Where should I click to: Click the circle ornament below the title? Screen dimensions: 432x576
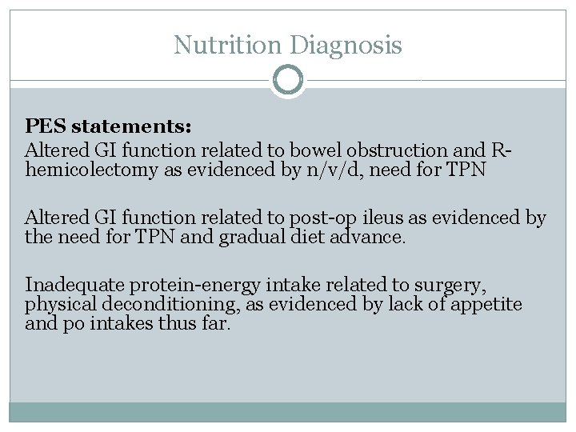(x=288, y=80)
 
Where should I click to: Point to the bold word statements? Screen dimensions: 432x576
(x=133, y=126)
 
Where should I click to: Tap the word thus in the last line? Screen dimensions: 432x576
(x=182, y=324)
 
